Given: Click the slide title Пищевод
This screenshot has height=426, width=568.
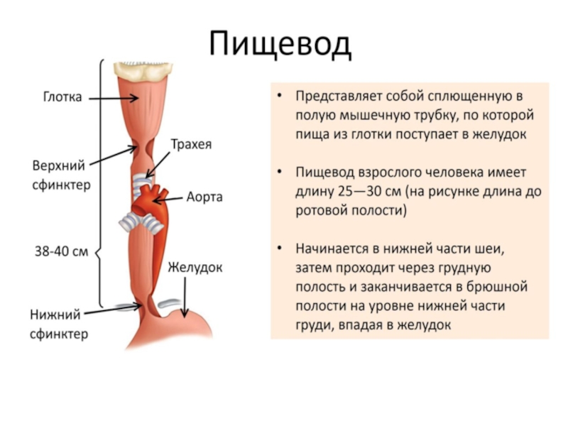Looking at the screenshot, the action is pos(280,45).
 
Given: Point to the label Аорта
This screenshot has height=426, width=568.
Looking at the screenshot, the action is pos(204,197).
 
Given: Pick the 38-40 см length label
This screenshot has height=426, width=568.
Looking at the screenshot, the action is pos(61,251).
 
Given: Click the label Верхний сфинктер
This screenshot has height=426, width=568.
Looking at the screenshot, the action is pos(59,175).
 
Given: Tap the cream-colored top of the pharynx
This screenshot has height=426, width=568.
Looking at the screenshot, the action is pos(146,70).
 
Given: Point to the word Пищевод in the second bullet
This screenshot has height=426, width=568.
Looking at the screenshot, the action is pos(324,173).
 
